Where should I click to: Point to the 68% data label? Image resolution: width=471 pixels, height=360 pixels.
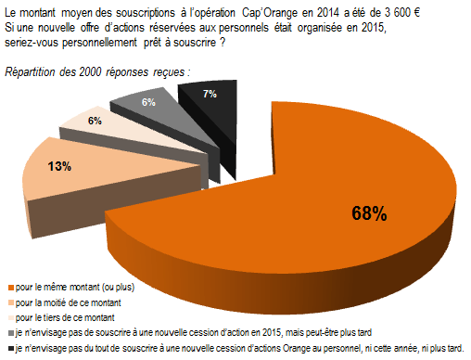point(368,213)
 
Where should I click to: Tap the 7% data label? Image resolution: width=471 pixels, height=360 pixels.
point(209,94)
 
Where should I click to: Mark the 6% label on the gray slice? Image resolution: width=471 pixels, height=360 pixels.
point(148,102)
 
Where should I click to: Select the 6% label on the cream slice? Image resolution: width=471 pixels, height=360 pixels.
point(95,121)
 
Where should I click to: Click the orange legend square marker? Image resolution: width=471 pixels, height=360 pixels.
point(8,288)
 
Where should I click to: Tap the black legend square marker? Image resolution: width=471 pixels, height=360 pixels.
point(8,348)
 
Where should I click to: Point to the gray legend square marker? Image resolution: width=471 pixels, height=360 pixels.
point(8,332)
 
